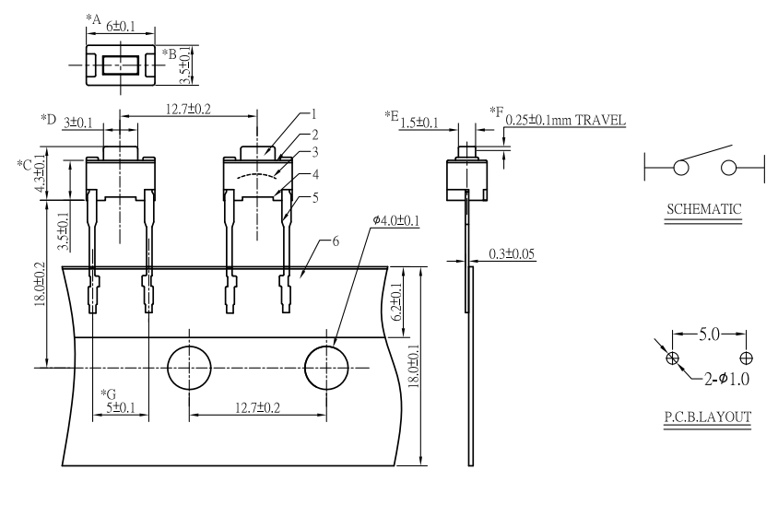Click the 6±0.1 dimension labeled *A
click(x=121, y=27)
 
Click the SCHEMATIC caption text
click(x=703, y=209)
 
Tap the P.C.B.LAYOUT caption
click(x=708, y=417)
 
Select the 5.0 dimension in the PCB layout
click(x=709, y=335)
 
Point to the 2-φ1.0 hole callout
click(x=727, y=379)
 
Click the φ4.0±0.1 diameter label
click(x=396, y=219)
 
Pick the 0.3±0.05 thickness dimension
click(x=512, y=254)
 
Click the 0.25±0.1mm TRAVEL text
click(x=566, y=120)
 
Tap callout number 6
click(x=336, y=241)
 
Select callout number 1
click(x=313, y=114)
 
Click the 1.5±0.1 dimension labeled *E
click(x=419, y=123)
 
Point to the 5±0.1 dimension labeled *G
click(x=121, y=407)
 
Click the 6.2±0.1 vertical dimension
click(x=396, y=302)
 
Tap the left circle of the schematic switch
click(x=681, y=168)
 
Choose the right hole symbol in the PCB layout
click(x=746, y=358)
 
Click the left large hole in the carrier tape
click(x=189, y=368)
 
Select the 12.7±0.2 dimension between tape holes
click(x=257, y=407)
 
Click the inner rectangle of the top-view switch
click(x=121, y=65)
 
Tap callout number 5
click(x=315, y=198)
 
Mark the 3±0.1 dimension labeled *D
click(x=78, y=123)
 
